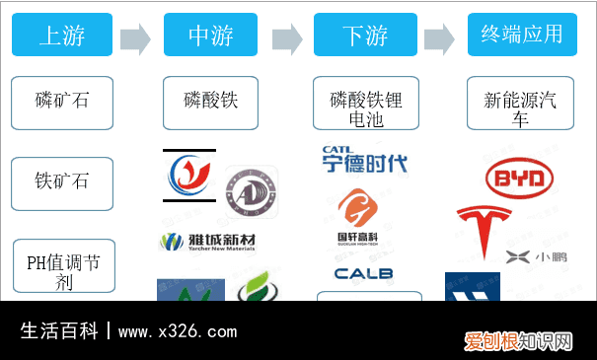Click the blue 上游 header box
click(x=61, y=36)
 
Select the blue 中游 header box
click(x=210, y=36)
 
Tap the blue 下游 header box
click(x=365, y=36)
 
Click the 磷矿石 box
click(x=61, y=102)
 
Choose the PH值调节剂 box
click(x=61, y=265)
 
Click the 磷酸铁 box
click(x=210, y=102)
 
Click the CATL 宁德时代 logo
click(x=363, y=161)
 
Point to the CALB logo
click(x=363, y=273)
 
